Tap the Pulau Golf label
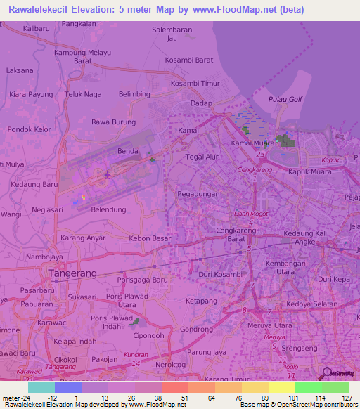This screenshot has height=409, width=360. [285, 99]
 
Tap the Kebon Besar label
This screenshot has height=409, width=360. [150, 238]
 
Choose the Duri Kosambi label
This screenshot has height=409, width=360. [221, 274]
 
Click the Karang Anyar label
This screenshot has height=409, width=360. [83, 238]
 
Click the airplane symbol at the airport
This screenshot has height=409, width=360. [106, 174]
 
